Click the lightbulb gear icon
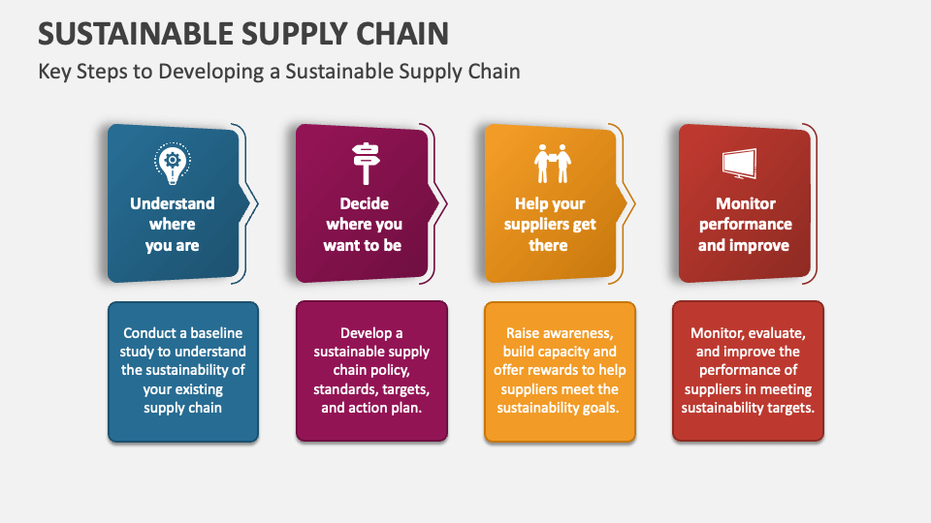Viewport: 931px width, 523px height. (x=173, y=163)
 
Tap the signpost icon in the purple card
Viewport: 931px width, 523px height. (x=366, y=163)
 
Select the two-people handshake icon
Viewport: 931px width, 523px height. (x=552, y=164)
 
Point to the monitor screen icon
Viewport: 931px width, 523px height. (x=740, y=164)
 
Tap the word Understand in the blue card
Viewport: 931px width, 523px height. (x=173, y=203)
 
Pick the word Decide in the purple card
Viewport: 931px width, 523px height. (x=364, y=203)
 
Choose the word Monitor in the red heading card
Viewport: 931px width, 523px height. (x=745, y=203)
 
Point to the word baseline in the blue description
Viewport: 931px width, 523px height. (x=216, y=332)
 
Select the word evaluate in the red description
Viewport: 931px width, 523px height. (x=778, y=333)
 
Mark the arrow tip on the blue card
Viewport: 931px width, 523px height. (x=258, y=203)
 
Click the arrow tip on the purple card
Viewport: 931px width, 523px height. (x=446, y=203)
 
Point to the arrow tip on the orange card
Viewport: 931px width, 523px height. (x=634, y=203)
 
